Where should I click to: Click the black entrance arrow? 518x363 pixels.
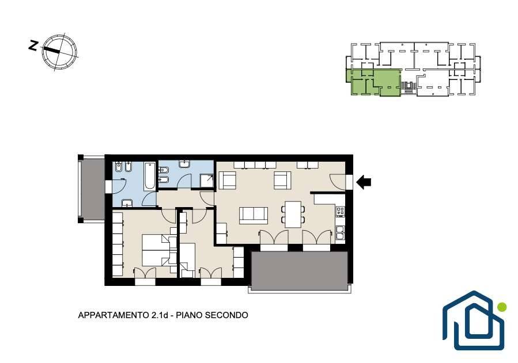click(364, 182)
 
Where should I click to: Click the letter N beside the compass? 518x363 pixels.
click(33, 45)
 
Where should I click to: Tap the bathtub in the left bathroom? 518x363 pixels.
click(149, 175)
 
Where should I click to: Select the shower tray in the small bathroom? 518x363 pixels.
click(207, 180)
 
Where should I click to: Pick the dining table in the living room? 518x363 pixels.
click(293, 215)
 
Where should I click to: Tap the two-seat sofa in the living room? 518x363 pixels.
click(254, 215)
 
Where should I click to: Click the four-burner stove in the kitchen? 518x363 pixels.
click(341, 211)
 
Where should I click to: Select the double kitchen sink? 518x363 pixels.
click(341, 233)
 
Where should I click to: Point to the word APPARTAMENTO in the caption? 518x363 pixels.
click(114, 315)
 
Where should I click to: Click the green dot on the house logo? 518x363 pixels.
click(502, 307)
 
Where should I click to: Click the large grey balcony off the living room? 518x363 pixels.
click(300, 271)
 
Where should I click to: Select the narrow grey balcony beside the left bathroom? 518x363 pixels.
click(92, 188)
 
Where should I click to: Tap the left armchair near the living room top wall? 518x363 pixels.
click(227, 180)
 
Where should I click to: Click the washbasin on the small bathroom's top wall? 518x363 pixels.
click(184, 164)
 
